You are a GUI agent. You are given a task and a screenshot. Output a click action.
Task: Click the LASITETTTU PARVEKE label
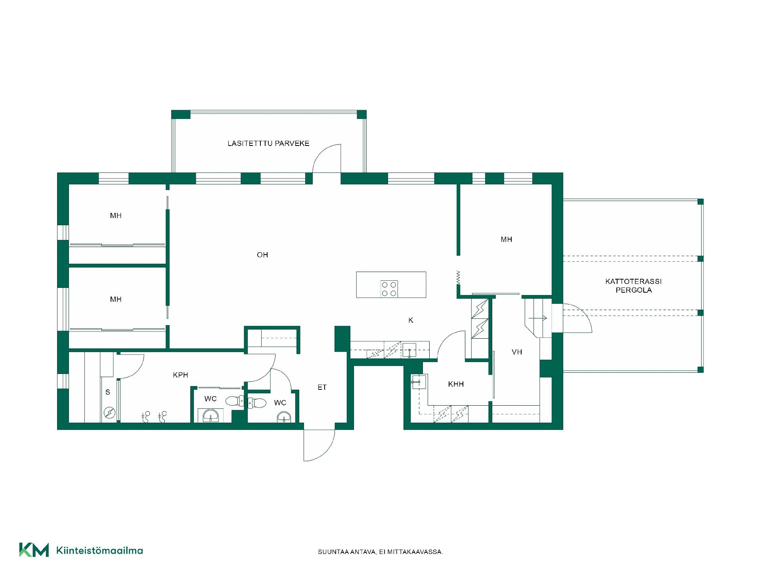(x=268, y=144)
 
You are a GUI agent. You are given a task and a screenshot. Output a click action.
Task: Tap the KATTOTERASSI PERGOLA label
(x=633, y=285)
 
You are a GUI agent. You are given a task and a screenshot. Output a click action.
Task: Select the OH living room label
(x=262, y=255)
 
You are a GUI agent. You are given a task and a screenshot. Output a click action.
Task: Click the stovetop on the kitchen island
(x=389, y=289)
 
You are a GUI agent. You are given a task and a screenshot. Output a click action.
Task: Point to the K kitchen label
(x=411, y=320)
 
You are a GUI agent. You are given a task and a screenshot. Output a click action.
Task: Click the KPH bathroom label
(x=180, y=375)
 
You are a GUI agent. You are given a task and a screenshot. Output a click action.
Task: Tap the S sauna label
(x=108, y=392)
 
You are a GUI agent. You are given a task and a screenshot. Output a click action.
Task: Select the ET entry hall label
(x=322, y=387)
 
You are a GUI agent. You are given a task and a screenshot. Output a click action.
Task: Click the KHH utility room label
(x=456, y=384)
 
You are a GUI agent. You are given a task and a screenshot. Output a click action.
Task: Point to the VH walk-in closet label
(x=517, y=352)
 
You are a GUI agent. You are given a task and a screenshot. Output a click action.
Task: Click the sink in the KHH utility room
(x=419, y=382)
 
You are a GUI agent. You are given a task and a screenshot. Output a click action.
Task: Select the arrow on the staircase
(x=538, y=318)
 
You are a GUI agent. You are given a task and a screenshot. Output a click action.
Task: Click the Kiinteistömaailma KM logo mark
(x=34, y=550)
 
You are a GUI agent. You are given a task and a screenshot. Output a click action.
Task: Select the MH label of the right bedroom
(x=506, y=240)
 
